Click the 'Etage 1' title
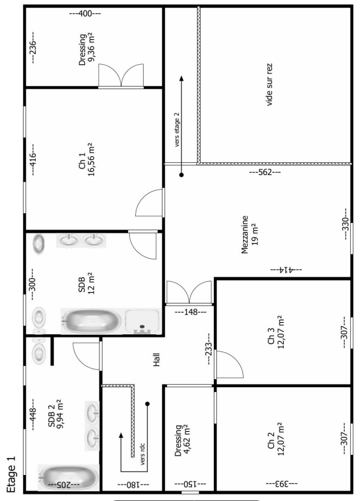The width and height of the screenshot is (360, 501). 11,474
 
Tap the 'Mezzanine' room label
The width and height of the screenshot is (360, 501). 245,235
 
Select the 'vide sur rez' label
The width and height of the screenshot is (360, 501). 269,85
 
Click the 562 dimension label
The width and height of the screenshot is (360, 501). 265,173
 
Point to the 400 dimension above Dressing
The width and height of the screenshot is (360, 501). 85,13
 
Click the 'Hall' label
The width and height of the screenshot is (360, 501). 156,359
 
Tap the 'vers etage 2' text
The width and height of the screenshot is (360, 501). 177,130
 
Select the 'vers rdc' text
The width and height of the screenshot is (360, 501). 142,454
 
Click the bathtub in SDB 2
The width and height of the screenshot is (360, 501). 68,477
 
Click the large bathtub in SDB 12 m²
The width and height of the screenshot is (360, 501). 92,321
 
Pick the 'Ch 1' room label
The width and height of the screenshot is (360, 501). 82,161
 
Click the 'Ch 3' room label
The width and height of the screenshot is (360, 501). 271,336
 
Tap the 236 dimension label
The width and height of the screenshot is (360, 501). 33,47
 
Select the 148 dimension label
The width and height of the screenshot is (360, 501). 190,312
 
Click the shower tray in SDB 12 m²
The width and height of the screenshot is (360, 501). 142,322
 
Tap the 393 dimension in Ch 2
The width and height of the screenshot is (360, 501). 281,483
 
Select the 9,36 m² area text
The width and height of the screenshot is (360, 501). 92,47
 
